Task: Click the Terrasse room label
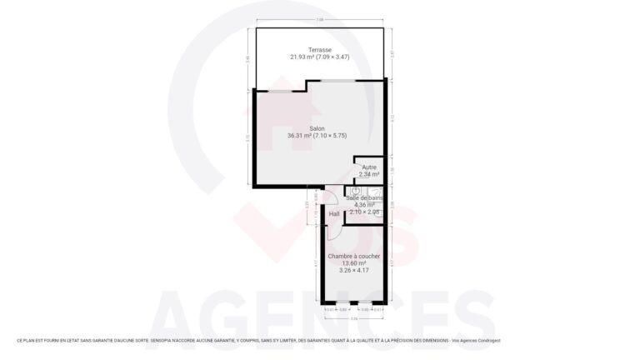pyautogui.click(x=320, y=49)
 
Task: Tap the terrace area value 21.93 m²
pyautogui.click(x=302, y=57)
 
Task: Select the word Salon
pyautogui.click(x=317, y=128)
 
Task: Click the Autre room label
pyautogui.click(x=368, y=167)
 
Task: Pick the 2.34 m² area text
pyautogui.click(x=368, y=174)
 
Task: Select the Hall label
pyautogui.click(x=334, y=214)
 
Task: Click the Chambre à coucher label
pyautogui.click(x=354, y=256)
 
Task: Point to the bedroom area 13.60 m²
pyautogui.click(x=354, y=263)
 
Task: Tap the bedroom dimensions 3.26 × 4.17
pyautogui.click(x=354, y=270)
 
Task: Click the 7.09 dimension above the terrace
pyautogui.click(x=320, y=20)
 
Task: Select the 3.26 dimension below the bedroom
pyautogui.click(x=354, y=318)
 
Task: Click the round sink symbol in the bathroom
pyautogui.click(x=354, y=192)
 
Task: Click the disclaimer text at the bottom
pyautogui.click(x=258, y=341)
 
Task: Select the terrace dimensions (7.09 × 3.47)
pyautogui.click(x=337, y=57)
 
